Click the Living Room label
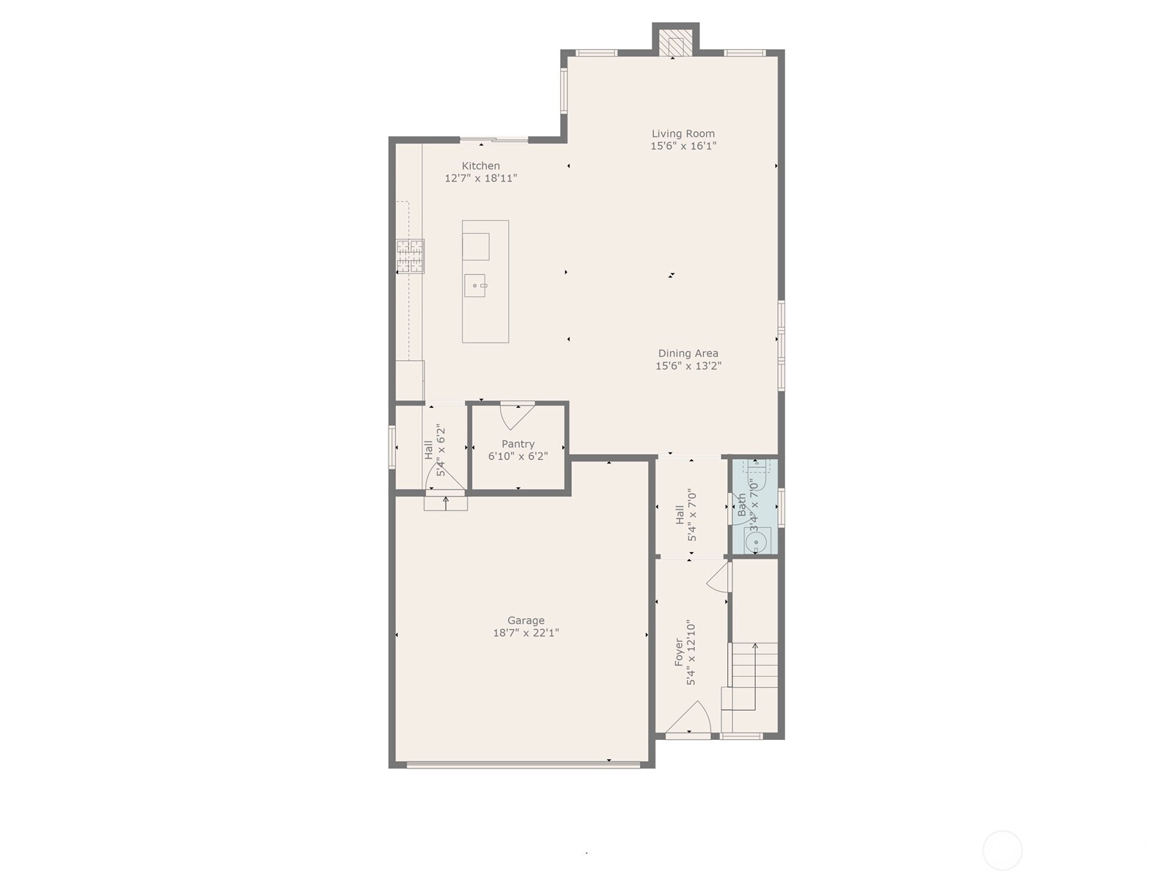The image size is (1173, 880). [683, 133]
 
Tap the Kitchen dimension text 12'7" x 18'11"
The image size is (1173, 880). [480, 178]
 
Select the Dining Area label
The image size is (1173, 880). [688, 353]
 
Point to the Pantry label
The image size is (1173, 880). [518, 444]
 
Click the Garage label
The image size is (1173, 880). [526, 620]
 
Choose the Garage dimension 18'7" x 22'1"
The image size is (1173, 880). [526, 633]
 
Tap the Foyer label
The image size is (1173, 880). [679, 652]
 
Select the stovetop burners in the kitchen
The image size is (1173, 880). [410, 256]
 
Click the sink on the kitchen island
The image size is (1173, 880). [474, 285]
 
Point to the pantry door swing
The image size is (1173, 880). [518, 417]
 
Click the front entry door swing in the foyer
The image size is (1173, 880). [688, 717]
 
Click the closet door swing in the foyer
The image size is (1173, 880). [718, 577]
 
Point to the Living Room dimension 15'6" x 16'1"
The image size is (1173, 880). [683, 146]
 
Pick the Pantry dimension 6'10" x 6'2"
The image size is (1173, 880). [518, 456]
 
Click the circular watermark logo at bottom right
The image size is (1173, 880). [1002, 850]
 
